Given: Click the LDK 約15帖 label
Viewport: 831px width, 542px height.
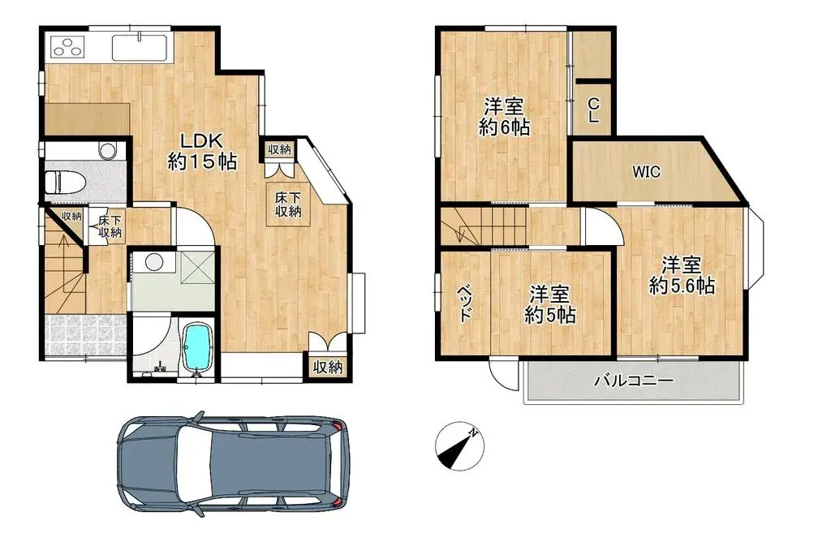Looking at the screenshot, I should [x=202, y=151].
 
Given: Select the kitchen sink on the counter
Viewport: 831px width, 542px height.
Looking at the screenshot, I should [x=140, y=47].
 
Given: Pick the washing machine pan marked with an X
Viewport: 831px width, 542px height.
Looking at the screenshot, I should [x=196, y=265].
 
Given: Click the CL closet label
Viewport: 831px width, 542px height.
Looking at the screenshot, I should [x=593, y=110].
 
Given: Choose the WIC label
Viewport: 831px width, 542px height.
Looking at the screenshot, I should [x=647, y=172].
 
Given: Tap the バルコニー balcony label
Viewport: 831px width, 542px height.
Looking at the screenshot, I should [x=633, y=381].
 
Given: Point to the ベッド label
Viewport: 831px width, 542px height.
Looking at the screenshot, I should [x=464, y=303].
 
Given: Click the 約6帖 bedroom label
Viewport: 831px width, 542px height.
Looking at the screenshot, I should [x=504, y=117].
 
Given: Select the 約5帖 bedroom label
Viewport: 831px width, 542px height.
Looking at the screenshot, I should [x=549, y=305].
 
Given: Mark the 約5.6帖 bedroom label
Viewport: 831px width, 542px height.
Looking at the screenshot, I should [x=681, y=275].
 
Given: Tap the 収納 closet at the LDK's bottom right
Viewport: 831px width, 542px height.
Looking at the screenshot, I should [x=328, y=367].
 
